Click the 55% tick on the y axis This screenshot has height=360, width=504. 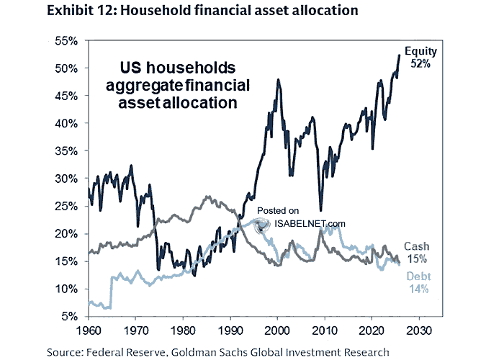66,41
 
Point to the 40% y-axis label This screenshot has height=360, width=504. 66,123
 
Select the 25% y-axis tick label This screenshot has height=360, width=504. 66,206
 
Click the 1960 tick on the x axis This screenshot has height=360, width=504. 88,331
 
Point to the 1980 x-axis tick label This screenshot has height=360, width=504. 182,331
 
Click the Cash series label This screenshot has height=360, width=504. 416,246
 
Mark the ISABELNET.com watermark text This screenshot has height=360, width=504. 310,223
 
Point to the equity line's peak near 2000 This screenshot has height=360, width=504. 278,80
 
